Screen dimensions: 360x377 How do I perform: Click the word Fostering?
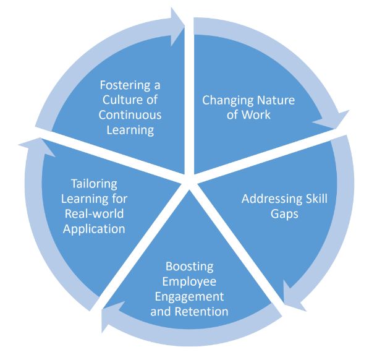[125, 85]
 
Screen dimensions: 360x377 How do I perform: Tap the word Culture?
[122, 100]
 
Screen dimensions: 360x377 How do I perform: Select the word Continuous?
[130, 114]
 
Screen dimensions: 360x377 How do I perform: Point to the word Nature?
[275, 100]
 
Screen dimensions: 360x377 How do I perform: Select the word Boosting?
[189, 267]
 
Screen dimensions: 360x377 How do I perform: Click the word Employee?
[189, 281]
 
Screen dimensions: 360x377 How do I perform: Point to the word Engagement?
[189, 296]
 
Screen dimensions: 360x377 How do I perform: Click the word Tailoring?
[94, 184]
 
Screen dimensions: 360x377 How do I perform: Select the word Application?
[94, 229]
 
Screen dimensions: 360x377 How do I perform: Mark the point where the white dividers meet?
[189, 179]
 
